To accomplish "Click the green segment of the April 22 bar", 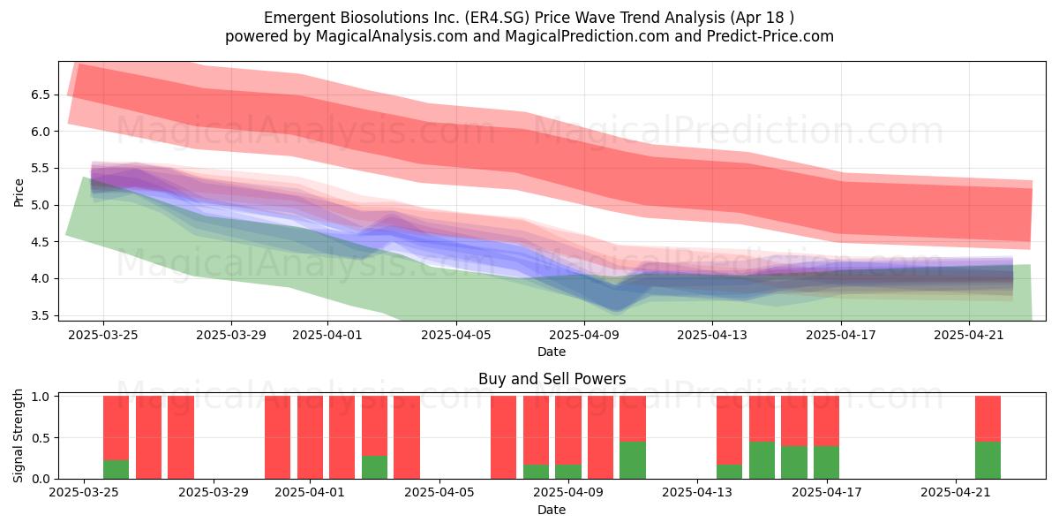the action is (988, 460).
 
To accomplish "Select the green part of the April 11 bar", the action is (633, 460).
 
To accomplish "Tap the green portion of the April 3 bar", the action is (374, 467).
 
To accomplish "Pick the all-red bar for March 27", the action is (148, 437).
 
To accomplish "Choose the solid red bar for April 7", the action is (504, 437).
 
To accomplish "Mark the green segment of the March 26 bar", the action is (116, 469).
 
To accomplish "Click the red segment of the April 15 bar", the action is (762, 419).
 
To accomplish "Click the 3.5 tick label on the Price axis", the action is (41, 315).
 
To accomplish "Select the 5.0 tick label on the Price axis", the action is (41, 205).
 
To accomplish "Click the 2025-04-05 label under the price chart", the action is (456, 335).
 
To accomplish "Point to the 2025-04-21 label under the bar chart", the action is (956, 493).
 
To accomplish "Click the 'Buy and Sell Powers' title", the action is (552, 379).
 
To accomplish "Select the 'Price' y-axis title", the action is (19, 193).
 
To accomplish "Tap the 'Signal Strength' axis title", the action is (18, 435).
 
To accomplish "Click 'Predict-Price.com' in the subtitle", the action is (770, 36).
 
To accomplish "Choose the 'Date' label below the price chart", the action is (552, 352).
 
